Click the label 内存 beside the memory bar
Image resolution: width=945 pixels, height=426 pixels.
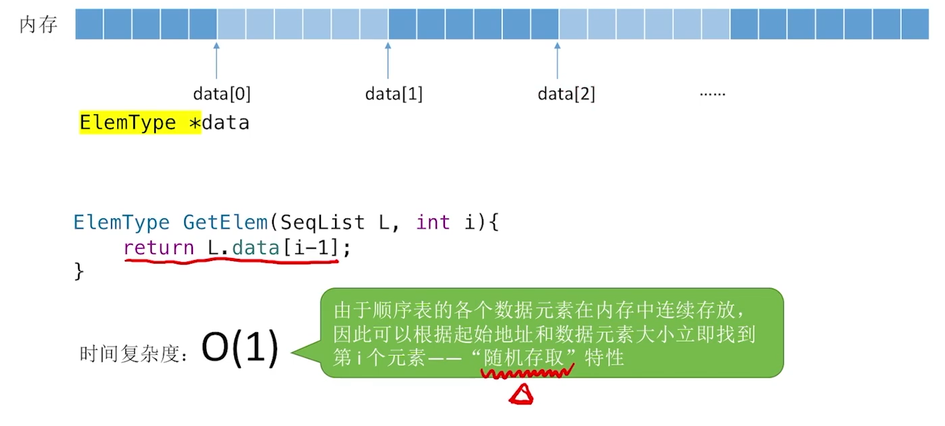38,25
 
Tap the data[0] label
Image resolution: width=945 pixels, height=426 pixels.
222,94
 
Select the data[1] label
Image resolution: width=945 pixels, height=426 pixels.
394,94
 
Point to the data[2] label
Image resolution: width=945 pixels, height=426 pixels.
566,94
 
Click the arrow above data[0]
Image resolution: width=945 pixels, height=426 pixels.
216,60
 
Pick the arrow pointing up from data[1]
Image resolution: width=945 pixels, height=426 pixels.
388,60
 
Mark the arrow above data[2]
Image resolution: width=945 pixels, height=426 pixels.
557,60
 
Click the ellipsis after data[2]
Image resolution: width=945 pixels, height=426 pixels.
712,93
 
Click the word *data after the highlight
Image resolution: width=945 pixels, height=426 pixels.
226,123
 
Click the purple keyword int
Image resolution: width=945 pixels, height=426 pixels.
433,222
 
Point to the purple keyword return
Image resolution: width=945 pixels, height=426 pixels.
159,248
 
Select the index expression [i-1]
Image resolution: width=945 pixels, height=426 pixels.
310,248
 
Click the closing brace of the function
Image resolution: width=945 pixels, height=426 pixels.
79,271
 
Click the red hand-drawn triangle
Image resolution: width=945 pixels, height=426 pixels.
521,395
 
